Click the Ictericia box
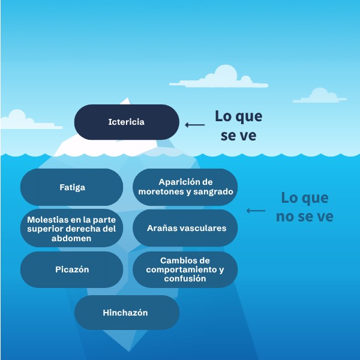pos(127,122)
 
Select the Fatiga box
pos(72,187)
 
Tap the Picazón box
pos(72,269)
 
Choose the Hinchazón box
pos(127,313)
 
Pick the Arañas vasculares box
pos(185,228)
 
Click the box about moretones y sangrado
pos(185,187)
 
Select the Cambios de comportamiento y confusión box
pos(185,269)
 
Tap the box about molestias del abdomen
pos(72,228)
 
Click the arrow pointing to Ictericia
pos(195,125)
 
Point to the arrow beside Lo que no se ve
pos(256,211)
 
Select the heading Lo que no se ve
pos(305,207)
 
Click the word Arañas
pos(163,228)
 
